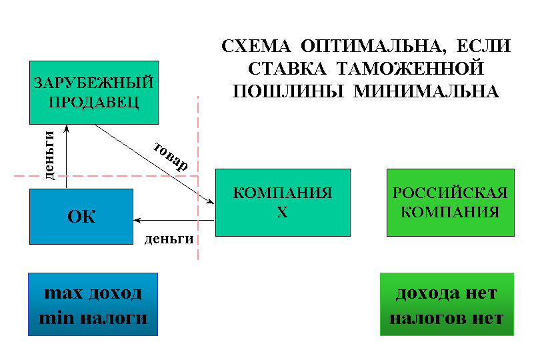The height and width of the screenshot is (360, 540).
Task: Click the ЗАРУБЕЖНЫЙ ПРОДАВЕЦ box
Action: [94, 93]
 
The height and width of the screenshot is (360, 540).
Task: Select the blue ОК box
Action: [81, 217]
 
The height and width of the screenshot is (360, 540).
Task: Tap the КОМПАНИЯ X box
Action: [283, 203]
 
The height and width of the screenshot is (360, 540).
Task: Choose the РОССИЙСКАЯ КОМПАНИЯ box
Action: [451, 203]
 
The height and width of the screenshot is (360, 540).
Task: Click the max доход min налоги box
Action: [93, 304]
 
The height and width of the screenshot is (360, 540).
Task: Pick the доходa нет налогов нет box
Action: [447, 304]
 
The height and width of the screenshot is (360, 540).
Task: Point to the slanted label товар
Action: [171, 157]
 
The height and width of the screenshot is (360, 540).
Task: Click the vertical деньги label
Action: [50, 155]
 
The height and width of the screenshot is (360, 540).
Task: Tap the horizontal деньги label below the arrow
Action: [169, 239]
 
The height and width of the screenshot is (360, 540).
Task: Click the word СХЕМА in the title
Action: [256, 46]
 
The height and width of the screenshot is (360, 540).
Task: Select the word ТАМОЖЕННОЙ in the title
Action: [410, 68]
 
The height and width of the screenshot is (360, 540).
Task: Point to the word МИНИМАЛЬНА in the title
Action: [427, 91]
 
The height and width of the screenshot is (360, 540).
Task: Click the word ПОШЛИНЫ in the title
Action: [288, 91]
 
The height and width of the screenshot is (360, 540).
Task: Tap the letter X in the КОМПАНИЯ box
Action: [282, 212]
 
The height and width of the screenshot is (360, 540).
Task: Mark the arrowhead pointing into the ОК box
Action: [137, 220]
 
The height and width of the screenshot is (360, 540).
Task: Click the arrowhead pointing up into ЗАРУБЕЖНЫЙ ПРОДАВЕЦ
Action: [67, 129]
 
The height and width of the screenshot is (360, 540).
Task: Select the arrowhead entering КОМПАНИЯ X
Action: [211, 201]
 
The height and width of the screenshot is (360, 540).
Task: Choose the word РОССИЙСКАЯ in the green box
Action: [450, 193]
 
